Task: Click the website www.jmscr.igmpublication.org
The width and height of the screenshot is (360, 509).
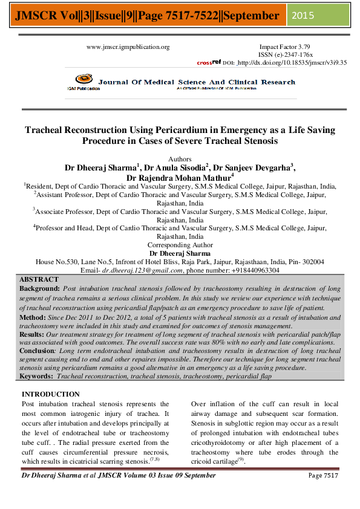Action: tap(128, 47)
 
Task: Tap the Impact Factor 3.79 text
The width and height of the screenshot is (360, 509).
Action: tap(284, 47)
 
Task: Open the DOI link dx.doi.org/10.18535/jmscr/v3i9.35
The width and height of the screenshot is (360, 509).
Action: tap(292, 62)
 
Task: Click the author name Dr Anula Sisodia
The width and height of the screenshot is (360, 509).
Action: tap(175, 167)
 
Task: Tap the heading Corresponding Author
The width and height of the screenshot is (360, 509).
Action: tap(180, 245)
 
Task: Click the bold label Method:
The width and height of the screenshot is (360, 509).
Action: tap(33, 317)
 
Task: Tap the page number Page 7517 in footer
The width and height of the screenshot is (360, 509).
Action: tap(323, 476)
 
